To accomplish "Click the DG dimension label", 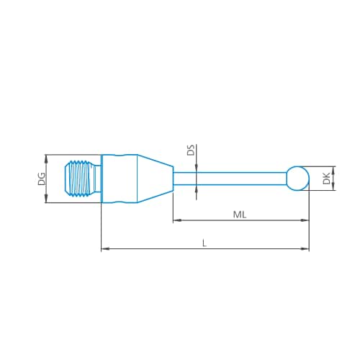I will point(41,179).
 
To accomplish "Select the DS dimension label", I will point(191,150).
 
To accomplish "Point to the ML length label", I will point(240,215).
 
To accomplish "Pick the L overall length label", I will point(204,243).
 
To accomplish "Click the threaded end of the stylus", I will point(82,179).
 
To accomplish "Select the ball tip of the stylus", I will point(297,177).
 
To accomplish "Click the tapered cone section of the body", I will point(155,178).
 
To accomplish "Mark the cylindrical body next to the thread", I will point(119,179).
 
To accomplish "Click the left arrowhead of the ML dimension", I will point(176,220).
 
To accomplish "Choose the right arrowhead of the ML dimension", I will point(305,220).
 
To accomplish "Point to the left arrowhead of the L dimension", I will point(104,249).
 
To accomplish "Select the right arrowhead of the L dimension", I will point(305,249).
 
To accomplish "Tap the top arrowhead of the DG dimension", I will point(47,158).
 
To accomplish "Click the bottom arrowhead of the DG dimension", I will point(47,199).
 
